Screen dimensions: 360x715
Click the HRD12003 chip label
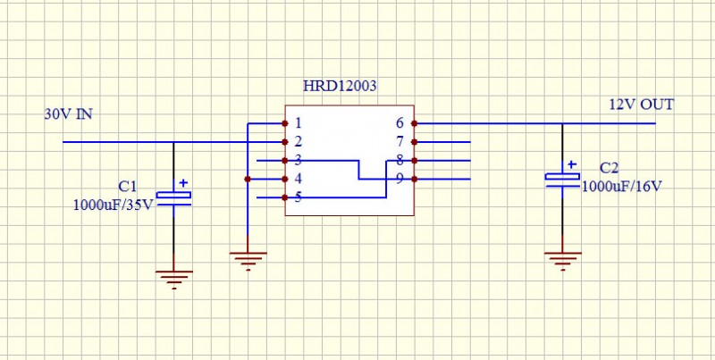pyautogui.click(x=340, y=87)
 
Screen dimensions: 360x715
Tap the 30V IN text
pyautogui.click(x=69, y=114)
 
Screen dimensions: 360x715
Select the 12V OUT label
pyautogui.click(x=642, y=105)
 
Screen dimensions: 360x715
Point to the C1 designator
pyautogui.click(x=128, y=187)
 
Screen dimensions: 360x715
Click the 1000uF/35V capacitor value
pyautogui.click(x=114, y=204)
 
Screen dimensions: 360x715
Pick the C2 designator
pyautogui.click(x=609, y=168)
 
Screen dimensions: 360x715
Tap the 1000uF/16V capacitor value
pyautogui.click(x=623, y=187)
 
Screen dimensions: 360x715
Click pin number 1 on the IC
pyautogui.click(x=298, y=123)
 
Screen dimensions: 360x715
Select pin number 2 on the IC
pyautogui.click(x=298, y=142)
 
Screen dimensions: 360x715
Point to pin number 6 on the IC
pyautogui.click(x=400, y=123)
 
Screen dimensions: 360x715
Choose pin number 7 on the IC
pyautogui.click(x=400, y=142)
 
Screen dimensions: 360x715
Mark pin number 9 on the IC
pyautogui.click(x=400, y=180)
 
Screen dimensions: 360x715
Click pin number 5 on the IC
pyautogui.click(x=298, y=197)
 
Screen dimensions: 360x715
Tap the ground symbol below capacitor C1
pyautogui.click(x=174, y=278)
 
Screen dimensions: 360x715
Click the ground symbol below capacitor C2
pyautogui.click(x=562, y=260)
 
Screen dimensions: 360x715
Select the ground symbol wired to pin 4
pyautogui.click(x=248, y=260)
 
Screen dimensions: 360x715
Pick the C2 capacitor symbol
pyautogui.click(x=562, y=178)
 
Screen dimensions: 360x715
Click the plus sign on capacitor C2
pyautogui.click(x=572, y=164)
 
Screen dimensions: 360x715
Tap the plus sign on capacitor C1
pyautogui.click(x=183, y=183)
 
